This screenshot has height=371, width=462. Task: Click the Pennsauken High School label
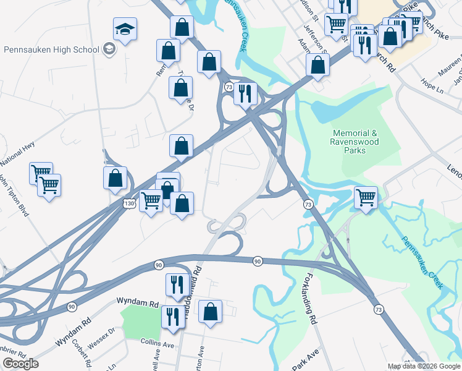pos(51,49)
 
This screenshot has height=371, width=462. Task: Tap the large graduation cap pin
pos(124,29)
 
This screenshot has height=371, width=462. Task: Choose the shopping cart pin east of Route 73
pos(366,198)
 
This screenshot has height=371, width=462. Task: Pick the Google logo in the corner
pos(20,364)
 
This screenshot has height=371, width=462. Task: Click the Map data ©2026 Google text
pos(424,366)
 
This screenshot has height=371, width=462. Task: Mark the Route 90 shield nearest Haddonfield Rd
pos(159,265)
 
